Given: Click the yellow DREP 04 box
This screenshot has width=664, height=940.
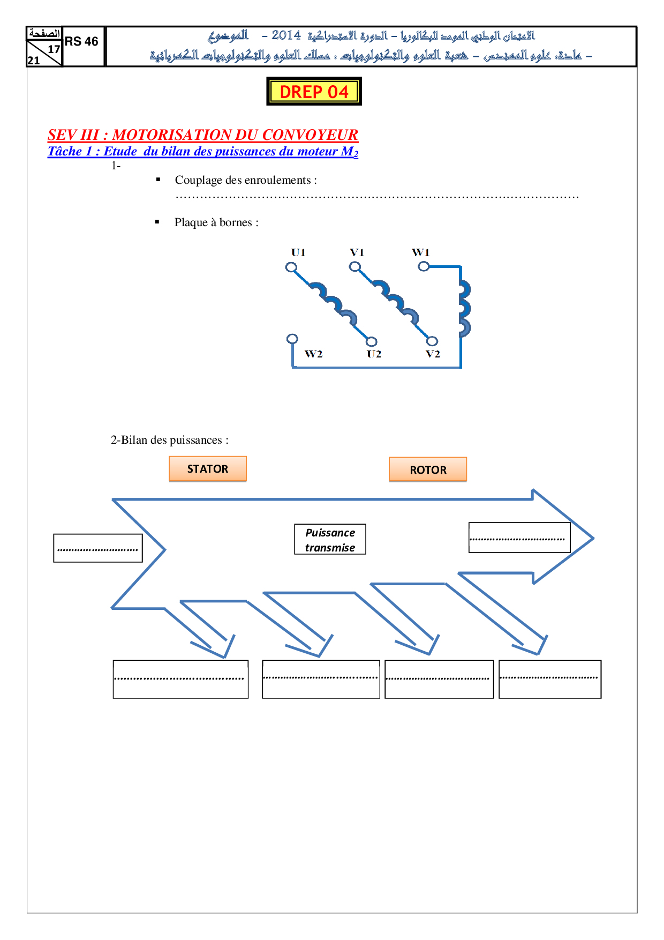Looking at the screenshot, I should point(314,92).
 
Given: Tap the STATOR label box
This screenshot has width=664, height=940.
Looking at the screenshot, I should point(208,469).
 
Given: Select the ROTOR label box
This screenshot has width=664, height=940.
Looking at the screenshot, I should point(428,470).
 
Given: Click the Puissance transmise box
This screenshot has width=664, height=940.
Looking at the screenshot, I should point(330,540).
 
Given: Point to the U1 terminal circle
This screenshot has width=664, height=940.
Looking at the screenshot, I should point(291,267).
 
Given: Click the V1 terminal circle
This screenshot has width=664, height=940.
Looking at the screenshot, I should point(354,266).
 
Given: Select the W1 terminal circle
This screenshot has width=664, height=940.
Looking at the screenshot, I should point(424,266).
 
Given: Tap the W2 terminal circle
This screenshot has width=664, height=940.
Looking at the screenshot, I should point(292,339).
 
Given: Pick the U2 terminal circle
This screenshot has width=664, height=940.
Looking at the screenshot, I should point(372,341).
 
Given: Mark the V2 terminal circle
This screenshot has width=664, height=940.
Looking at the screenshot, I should point(432,341).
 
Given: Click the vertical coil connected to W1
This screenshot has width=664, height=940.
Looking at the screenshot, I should point(464,308).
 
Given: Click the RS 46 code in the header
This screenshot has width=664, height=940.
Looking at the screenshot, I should point(81,42).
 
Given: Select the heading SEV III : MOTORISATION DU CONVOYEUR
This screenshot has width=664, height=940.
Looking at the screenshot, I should point(202,135).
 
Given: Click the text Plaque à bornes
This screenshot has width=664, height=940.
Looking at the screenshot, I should point(216,222).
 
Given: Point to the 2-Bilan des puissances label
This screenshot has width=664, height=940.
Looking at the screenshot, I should point(169,440).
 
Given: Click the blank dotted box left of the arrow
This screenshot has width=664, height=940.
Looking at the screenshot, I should point(98,548).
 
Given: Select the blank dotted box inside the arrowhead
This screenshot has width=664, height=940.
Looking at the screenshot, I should point(519,538).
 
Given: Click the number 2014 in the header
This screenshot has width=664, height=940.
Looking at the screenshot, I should point(286,35).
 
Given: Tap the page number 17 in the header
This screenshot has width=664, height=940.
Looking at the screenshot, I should point(54,49).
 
